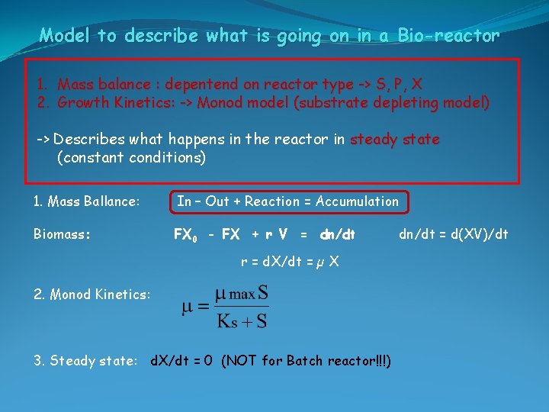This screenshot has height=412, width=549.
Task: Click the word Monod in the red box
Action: (x=219, y=102)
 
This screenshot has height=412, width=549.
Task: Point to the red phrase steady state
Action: (x=394, y=140)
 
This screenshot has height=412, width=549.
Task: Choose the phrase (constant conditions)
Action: (x=131, y=158)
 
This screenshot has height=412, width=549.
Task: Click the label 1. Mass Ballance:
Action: (x=87, y=201)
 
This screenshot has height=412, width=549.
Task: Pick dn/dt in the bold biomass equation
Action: (x=338, y=235)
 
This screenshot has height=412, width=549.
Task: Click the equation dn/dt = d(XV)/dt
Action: (x=453, y=234)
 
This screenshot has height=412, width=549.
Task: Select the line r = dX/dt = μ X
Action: (x=290, y=262)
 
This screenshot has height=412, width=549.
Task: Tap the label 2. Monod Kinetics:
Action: (x=92, y=294)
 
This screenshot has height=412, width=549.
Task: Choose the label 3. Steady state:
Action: (x=85, y=360)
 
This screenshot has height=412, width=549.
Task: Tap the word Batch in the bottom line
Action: (x=305, y=360)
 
